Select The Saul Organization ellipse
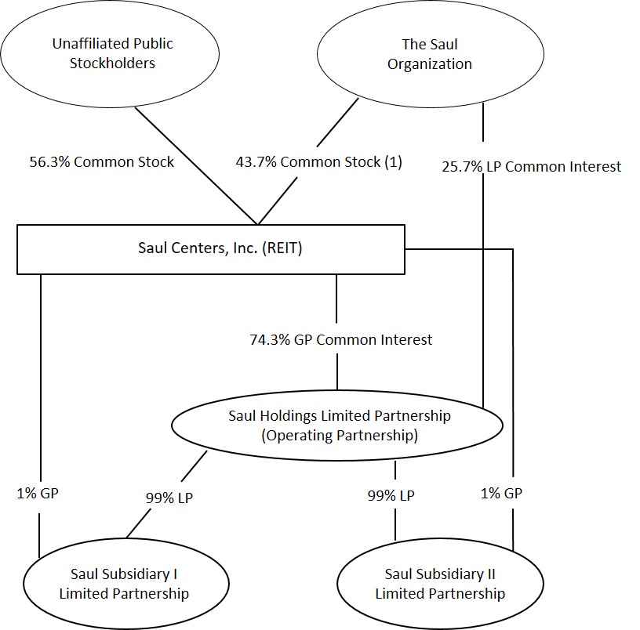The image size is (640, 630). click(430, 53)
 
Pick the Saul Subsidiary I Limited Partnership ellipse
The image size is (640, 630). click(124, 583)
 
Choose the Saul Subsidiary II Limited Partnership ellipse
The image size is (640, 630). click(440, 583)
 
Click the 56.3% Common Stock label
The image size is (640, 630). click(101, 161)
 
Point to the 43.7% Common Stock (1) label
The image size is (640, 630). click(318, 161)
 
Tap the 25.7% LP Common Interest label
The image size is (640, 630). click(531, 166)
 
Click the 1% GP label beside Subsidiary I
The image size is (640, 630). click(37, 493)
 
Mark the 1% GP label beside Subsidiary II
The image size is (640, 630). click(500, 493)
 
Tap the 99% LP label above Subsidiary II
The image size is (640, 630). click(391, 495)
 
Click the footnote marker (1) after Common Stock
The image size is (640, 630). click(393, 161)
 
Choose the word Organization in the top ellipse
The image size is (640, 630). click(430, 63)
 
